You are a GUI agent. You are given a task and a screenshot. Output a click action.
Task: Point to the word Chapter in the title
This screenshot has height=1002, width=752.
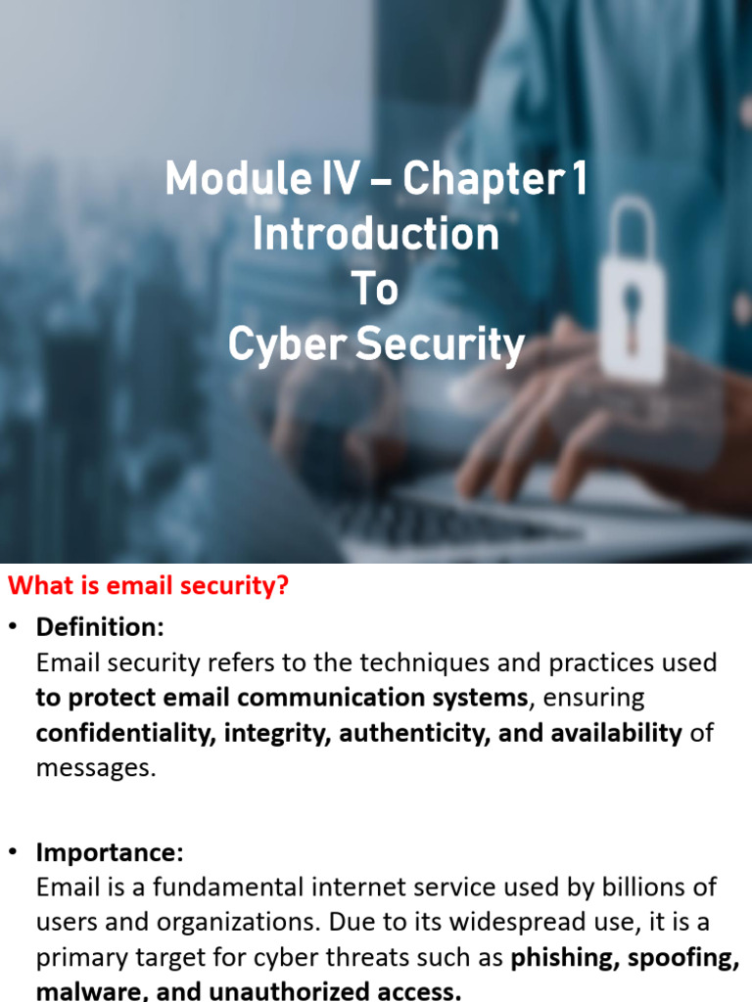[x=484, y=179]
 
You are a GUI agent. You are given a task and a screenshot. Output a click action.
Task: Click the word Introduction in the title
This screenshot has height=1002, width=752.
[x=376, y=234]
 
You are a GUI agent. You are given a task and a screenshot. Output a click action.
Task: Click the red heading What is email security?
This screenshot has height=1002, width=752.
[x=149, y=585]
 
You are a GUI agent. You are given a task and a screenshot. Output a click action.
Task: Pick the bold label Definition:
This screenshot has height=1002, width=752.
[x=101, y=627]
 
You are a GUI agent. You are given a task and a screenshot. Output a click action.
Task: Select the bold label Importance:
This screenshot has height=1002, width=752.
[x=110, y=852]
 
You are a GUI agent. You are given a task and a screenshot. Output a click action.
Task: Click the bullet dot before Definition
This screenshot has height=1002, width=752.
[x=12, y=627]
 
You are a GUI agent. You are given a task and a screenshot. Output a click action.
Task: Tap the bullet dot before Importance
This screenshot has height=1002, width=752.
[x=12, y=852]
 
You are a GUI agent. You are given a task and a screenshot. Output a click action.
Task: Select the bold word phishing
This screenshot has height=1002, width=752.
[x=565, y=957]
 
